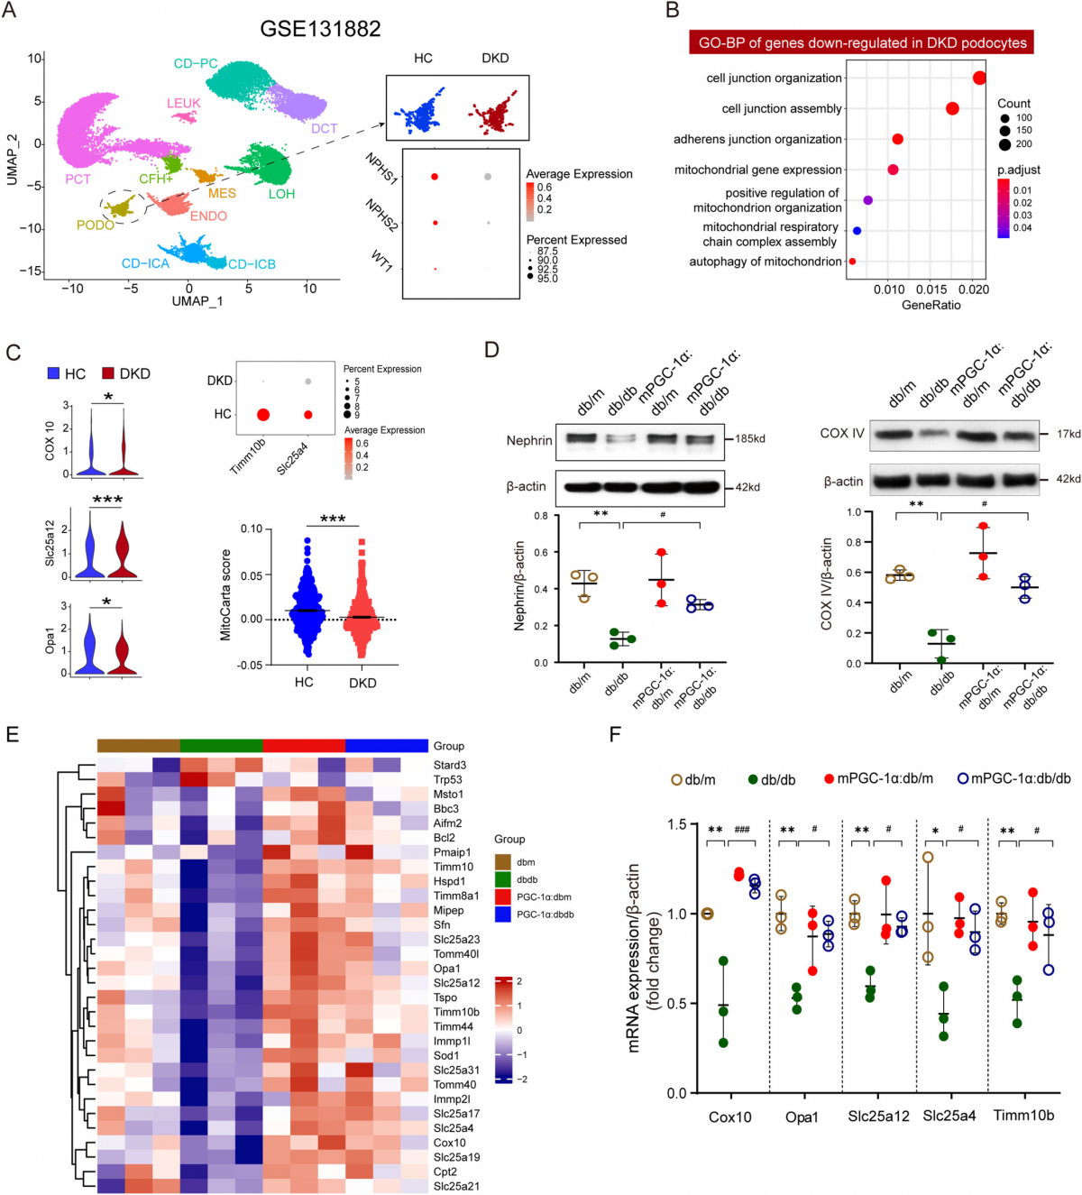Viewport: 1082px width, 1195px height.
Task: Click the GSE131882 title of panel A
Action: (x=320, y=29)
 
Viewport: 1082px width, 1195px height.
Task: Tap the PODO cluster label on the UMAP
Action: (x=95, y=225)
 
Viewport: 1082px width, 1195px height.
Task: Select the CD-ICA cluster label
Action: (x=145, y=263)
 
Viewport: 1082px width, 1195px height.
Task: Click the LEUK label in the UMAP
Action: (x=183, y=103)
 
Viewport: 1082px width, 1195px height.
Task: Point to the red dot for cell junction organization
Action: (x=979, y=78)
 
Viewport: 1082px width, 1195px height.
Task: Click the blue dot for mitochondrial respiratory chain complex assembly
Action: (x=857, y=231)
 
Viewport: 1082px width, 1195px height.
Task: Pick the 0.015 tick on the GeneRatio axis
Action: (x=931, y=290)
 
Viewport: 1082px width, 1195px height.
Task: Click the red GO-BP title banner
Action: (x=862, y=42)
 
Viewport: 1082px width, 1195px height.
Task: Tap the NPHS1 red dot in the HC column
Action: (x=435, y=177)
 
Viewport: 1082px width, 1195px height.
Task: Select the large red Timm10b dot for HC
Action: (x=262, y=415)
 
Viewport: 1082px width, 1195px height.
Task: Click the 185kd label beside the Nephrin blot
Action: (x=750, y=438)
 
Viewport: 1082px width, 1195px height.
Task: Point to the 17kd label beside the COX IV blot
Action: (x=1068, y=434)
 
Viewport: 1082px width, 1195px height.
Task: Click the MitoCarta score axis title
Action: (x=225, y=594)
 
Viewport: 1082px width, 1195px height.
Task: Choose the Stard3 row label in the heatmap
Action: (x=449, y=765)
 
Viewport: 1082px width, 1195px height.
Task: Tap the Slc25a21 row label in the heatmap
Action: (x=456, y=1186)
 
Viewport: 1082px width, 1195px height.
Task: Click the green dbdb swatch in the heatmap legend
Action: (x=502, y=879)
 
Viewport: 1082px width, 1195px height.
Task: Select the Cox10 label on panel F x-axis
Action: (x=729, y=1117)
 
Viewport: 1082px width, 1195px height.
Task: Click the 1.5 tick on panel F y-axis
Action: (x=677, y=824)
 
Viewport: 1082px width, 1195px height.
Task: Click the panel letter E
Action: (x=13, y=734)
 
